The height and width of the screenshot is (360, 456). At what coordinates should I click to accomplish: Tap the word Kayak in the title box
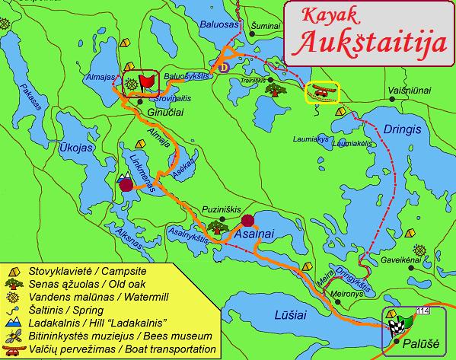click(x=330, y=17)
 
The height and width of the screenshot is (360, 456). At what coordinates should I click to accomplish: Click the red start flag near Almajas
click(x=145, y=81)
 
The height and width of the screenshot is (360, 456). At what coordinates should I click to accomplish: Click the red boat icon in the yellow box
click(x=321, y=93)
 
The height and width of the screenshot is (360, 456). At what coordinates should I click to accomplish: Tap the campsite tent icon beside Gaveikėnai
click(x=419, y=250)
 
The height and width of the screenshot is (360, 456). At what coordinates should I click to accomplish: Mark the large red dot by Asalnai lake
click(x=247, y=221)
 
